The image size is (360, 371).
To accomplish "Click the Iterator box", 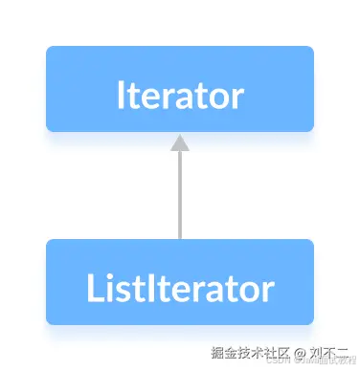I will [x=179, y=89].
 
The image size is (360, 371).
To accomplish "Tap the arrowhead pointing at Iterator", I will [x=179, y=143].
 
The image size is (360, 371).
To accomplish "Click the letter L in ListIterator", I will [x=93, y=288].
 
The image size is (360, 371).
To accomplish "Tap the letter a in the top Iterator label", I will [x=190, y=98].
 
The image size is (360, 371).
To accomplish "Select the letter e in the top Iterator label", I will [x=153, y=98].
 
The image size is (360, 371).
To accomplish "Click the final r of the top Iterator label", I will [x=237, y=98].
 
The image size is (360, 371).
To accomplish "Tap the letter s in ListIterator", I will [x=120, y=290].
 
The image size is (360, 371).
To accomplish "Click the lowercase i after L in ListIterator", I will [x=106, y=288].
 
